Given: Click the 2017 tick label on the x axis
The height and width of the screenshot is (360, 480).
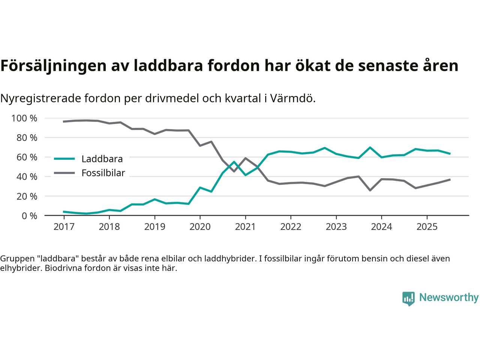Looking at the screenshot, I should pos(64,227).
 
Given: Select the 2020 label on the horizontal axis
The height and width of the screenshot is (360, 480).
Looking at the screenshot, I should pos(200,227).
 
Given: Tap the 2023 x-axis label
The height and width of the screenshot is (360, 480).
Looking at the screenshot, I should pos(336,227).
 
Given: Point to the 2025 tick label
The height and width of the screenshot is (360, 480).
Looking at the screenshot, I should pos(427,227).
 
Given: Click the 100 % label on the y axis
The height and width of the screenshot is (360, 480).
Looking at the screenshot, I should pos(24,118).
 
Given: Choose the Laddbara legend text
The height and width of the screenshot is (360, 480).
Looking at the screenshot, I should pos(102,159).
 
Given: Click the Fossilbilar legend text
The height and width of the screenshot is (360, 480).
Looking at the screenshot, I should pos(103,173).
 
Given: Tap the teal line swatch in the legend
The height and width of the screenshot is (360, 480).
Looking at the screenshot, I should pos(64,159).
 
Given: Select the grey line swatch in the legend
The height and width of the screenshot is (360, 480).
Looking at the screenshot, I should pos(64,173).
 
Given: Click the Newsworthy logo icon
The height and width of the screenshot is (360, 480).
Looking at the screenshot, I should pos(408,298).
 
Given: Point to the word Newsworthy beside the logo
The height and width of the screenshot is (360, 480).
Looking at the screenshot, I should pos(448,297).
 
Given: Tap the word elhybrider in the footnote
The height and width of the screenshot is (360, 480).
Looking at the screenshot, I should pos(20,268).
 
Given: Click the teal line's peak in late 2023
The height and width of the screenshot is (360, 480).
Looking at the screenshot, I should pos(370,147).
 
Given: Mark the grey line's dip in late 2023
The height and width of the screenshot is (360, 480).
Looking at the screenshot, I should pos(370,190).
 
